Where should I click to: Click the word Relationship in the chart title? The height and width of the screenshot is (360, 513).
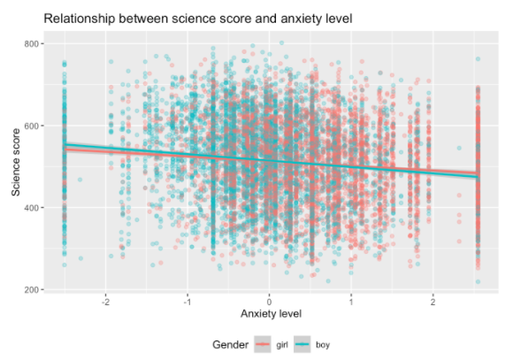click(x=80, y=19)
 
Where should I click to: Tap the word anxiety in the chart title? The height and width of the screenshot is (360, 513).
click(x=301, y=19)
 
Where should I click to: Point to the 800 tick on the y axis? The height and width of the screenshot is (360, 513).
click(x=32, y=43)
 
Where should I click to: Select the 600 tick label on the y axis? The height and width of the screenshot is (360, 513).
click(x=32, y=126)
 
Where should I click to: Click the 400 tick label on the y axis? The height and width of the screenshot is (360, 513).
click(x=32, y=208)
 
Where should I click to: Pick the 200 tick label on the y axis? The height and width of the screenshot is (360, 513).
click(x=32, y=289)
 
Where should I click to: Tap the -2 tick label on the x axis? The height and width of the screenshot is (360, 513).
click(x=105, y=302)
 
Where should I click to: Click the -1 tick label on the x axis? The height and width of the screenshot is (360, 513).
click(x=188, y=302)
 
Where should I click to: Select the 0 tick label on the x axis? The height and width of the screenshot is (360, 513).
click(x=269, y=302)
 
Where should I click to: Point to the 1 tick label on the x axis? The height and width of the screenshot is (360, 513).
click(x=351, y=302)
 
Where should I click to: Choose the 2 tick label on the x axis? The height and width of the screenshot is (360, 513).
click(x=433, y=302)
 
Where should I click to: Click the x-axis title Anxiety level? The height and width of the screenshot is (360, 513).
click(x=271, y=314)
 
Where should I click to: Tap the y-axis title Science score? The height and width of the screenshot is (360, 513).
click(x=16, y=163)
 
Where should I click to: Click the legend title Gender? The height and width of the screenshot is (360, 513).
click(x=230, y=345)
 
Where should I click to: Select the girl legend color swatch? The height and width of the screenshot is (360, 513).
click(x=263, y=344)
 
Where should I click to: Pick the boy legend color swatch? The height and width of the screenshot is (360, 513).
click(x=302, y=344)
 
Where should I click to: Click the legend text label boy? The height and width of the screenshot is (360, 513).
click(x=323, y=345)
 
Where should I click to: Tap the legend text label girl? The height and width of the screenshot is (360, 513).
click(x=282, y=345)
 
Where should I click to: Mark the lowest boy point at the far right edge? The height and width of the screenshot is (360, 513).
click(x=478, y=281)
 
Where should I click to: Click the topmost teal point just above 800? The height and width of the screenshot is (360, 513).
click(x=281, y=42)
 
